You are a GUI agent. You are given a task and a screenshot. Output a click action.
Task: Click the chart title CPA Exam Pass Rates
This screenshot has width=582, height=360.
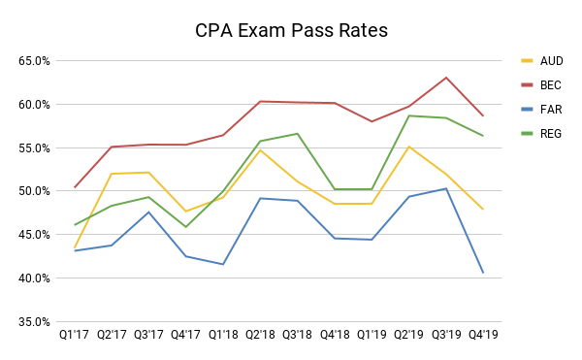coord(291,30)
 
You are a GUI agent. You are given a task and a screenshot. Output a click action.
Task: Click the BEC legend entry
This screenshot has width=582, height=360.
coord(548,84)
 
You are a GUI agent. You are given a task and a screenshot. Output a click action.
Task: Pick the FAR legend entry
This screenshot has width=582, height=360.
coord(548,110)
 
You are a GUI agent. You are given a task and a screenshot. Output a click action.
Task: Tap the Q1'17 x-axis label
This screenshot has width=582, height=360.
coord(76,336)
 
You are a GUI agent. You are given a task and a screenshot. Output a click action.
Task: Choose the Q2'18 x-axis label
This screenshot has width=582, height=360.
coord(261,336)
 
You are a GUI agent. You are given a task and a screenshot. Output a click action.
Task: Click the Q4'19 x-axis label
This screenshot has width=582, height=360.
coord(482,336)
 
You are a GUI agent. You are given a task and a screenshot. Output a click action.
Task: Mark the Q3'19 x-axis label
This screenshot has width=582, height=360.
coord(445,336)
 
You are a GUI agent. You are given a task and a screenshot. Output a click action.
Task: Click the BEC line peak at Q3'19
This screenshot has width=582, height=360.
coord(445,78)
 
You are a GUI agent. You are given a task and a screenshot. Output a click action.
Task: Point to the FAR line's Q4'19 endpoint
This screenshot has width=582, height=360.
coord(482,273)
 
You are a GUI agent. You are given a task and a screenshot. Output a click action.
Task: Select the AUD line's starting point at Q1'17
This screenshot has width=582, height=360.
coord(76,247)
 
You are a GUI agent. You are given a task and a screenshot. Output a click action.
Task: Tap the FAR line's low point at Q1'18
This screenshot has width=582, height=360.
coord(223,264)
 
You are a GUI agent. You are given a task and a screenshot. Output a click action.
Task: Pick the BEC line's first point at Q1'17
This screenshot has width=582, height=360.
coord(76,187)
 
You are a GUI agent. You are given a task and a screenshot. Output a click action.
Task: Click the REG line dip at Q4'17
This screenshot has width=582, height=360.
coord(186,227)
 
